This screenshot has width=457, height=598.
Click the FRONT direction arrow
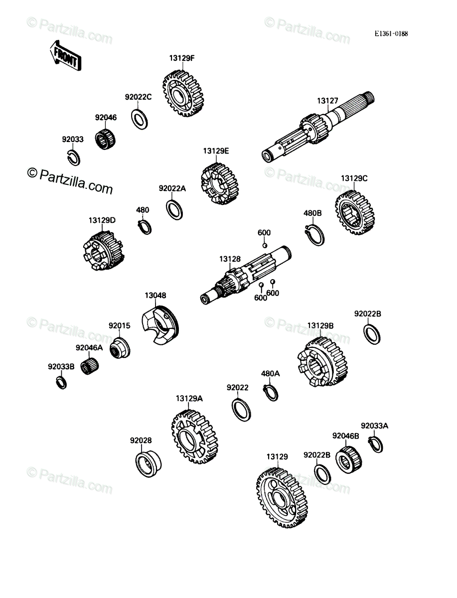pyautogui.click(x=65, y=56)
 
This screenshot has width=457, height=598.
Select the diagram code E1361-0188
pyautogui.click(x=391, y=34)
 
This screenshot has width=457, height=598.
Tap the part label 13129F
pyautogui.click(x=182, y=58)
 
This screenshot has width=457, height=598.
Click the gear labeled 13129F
pyautogui.click(x=183, y=94)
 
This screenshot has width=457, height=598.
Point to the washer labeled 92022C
pyautogui.click(x=140, y=119)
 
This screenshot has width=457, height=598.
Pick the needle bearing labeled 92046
pyautogui.click(x=105, y=139)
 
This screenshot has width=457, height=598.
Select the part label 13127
pyautogui.click(x=327, y=101)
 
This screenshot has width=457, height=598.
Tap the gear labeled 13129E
pyautogui.click(x=219, y=183)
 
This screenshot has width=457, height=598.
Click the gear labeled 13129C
pyautogui.click(x=355, y=213)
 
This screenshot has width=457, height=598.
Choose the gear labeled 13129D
pyautogui.click(x=103, y=251)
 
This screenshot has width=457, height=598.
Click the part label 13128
pyautogui.click(x=230, y=259)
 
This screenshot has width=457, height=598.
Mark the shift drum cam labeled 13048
pyautogui.click(x=160, y=325)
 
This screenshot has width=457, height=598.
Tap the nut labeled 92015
pyautogui.click(x=120, y=348)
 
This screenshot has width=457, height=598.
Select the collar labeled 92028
pyautogui.click(x=148, y=464)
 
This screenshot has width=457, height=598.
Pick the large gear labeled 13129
pyautogui.click(x=282, y=498)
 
